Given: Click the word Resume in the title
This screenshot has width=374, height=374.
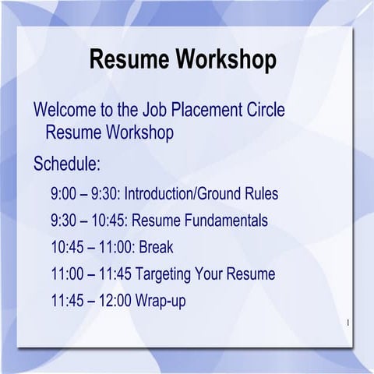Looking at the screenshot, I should [x=130, y=59].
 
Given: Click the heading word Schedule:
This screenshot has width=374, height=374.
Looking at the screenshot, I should [x=67, y=164].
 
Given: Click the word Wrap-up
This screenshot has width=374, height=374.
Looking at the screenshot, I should [x=160, y=301].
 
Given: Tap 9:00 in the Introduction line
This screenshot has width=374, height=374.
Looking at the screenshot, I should [x=65, y=192].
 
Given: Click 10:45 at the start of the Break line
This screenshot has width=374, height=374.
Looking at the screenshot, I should [x=67, y=248].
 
